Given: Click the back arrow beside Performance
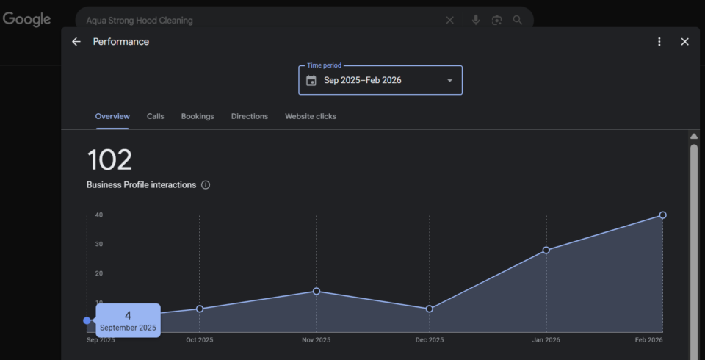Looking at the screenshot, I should click(76, 42).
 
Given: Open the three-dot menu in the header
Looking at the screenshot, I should click(659, 42).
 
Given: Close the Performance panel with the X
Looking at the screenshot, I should click(684, 42).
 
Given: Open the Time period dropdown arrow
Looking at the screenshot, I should click(449, 80).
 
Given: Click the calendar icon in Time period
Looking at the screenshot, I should click(311, 80).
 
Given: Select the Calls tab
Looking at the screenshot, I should click(155, 116).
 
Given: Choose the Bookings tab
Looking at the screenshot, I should click(198, 116).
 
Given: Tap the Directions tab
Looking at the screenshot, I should click(249, 116).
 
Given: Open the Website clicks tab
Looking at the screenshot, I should click(311, 116).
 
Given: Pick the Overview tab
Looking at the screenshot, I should click(112, 116).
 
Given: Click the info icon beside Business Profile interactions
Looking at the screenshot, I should click(206, 185).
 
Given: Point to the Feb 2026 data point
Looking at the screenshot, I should click(662, 215).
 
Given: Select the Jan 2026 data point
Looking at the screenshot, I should click(546, 251).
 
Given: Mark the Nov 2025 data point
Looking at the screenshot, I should click(317, 291).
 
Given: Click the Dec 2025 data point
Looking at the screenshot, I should click(430, 309).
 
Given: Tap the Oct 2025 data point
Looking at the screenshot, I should click(200, 309).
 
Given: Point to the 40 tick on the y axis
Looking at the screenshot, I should click(98, 215).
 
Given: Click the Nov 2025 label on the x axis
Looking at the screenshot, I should click(317, 340).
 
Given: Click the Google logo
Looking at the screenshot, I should click(26, 20).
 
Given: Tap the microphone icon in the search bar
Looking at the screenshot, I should click(476, 21).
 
